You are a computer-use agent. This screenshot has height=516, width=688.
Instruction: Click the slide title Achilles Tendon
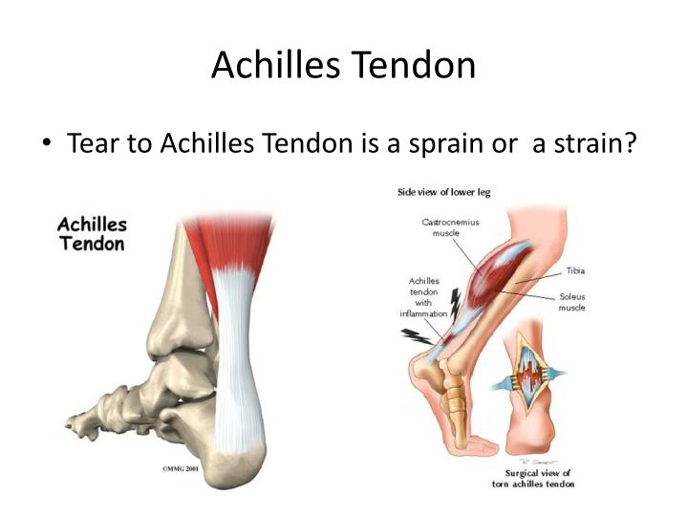coord(344,65)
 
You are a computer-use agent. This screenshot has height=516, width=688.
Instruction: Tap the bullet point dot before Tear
coord(47,142)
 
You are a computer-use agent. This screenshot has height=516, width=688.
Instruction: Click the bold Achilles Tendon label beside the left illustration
coord(92,234)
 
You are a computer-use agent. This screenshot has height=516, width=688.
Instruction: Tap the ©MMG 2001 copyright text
coord(181,468)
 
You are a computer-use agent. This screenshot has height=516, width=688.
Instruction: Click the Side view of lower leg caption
coord(444,192)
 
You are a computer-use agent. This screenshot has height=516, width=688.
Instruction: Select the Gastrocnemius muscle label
coord(450,227)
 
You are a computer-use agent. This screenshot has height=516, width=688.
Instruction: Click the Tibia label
coord(575,270)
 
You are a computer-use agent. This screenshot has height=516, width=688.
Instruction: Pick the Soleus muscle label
coord(571,302)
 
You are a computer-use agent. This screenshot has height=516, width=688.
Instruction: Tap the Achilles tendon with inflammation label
coord(423,297)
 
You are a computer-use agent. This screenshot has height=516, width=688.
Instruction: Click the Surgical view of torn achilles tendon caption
coord(533,479)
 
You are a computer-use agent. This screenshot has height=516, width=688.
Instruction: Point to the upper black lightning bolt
coord(455,303)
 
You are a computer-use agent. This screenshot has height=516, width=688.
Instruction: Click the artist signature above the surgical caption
coord(539,462)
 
